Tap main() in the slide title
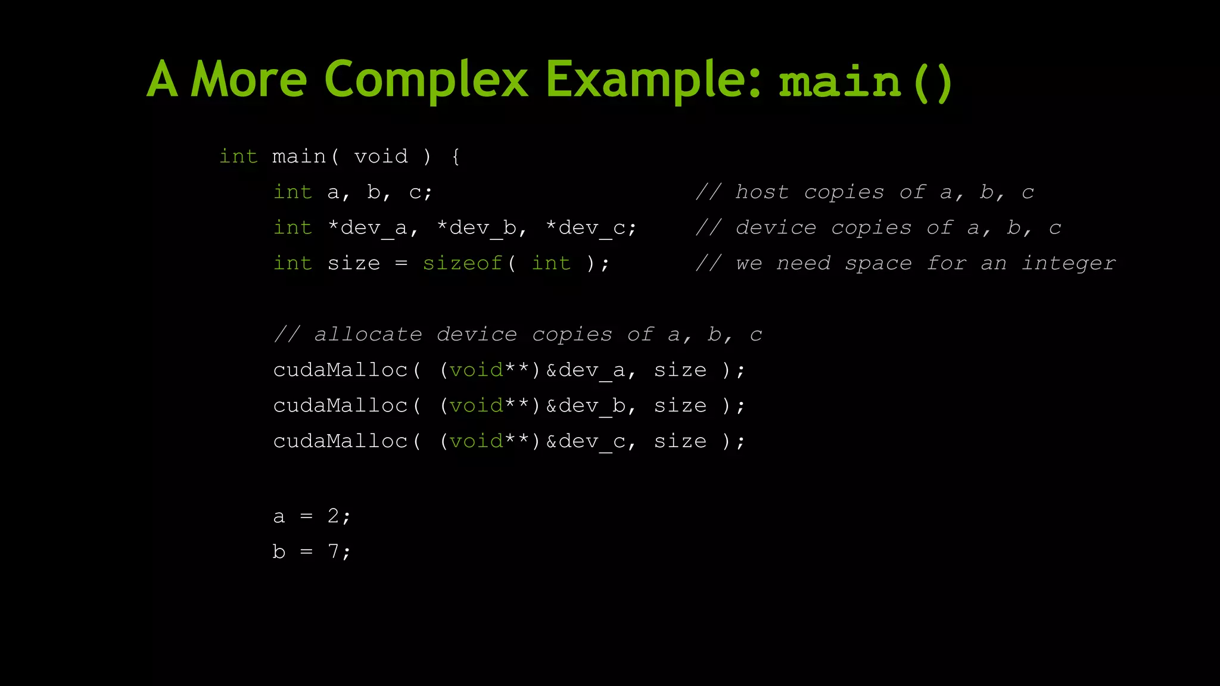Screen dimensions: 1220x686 tap(866, 82)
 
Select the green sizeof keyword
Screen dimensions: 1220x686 tap(462, 263)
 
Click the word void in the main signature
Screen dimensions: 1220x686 tap(381, 157)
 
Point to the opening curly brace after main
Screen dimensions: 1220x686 tap(456, 157)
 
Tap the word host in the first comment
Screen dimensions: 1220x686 tap(762, 192)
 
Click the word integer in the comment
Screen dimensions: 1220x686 tap(1069, 263)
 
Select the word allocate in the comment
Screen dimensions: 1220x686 tap(368, 335)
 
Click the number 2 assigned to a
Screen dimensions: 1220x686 tap(333, 516)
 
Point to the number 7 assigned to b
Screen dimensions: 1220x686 tap(333, 551)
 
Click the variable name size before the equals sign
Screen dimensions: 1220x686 tap(354, 263)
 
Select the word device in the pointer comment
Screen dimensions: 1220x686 tap(776, 228)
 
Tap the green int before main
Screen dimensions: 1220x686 tap(238, 157)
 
